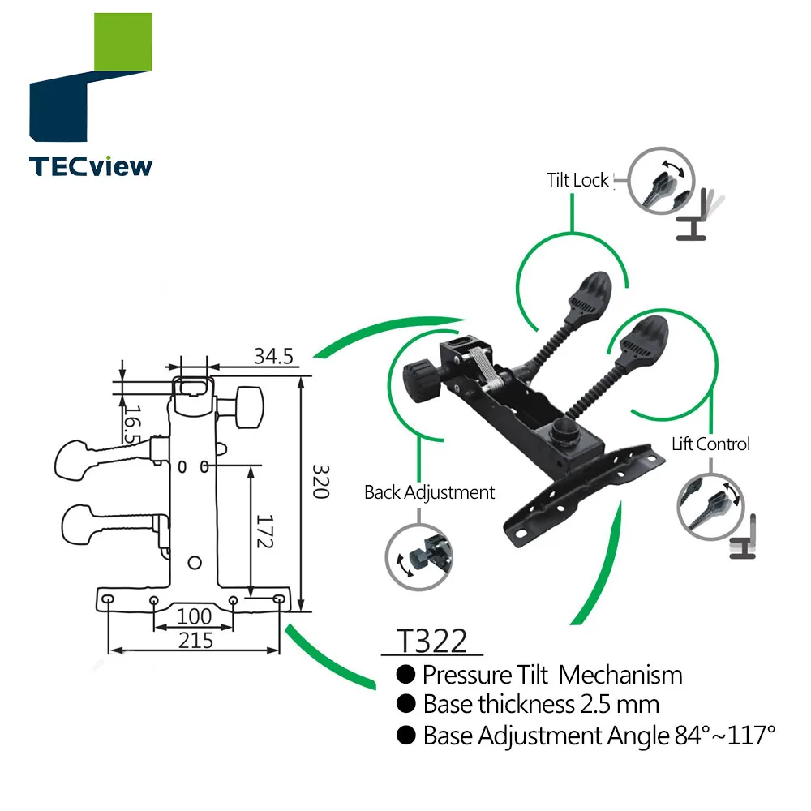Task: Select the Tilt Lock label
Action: [x=577, y=180]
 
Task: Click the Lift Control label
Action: [x=710, y=444]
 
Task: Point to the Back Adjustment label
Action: [x=429, y=492]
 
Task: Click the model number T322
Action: [x=431, y=641]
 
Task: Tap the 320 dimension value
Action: [x=320, y=482]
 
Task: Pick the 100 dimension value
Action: [x=194, y=617]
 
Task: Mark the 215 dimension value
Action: [x=195, y=641]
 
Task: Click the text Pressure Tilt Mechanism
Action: [x=551, y=675]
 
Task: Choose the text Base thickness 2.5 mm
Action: [x=541, y=704]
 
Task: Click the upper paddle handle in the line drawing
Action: [x=77, y=457]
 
